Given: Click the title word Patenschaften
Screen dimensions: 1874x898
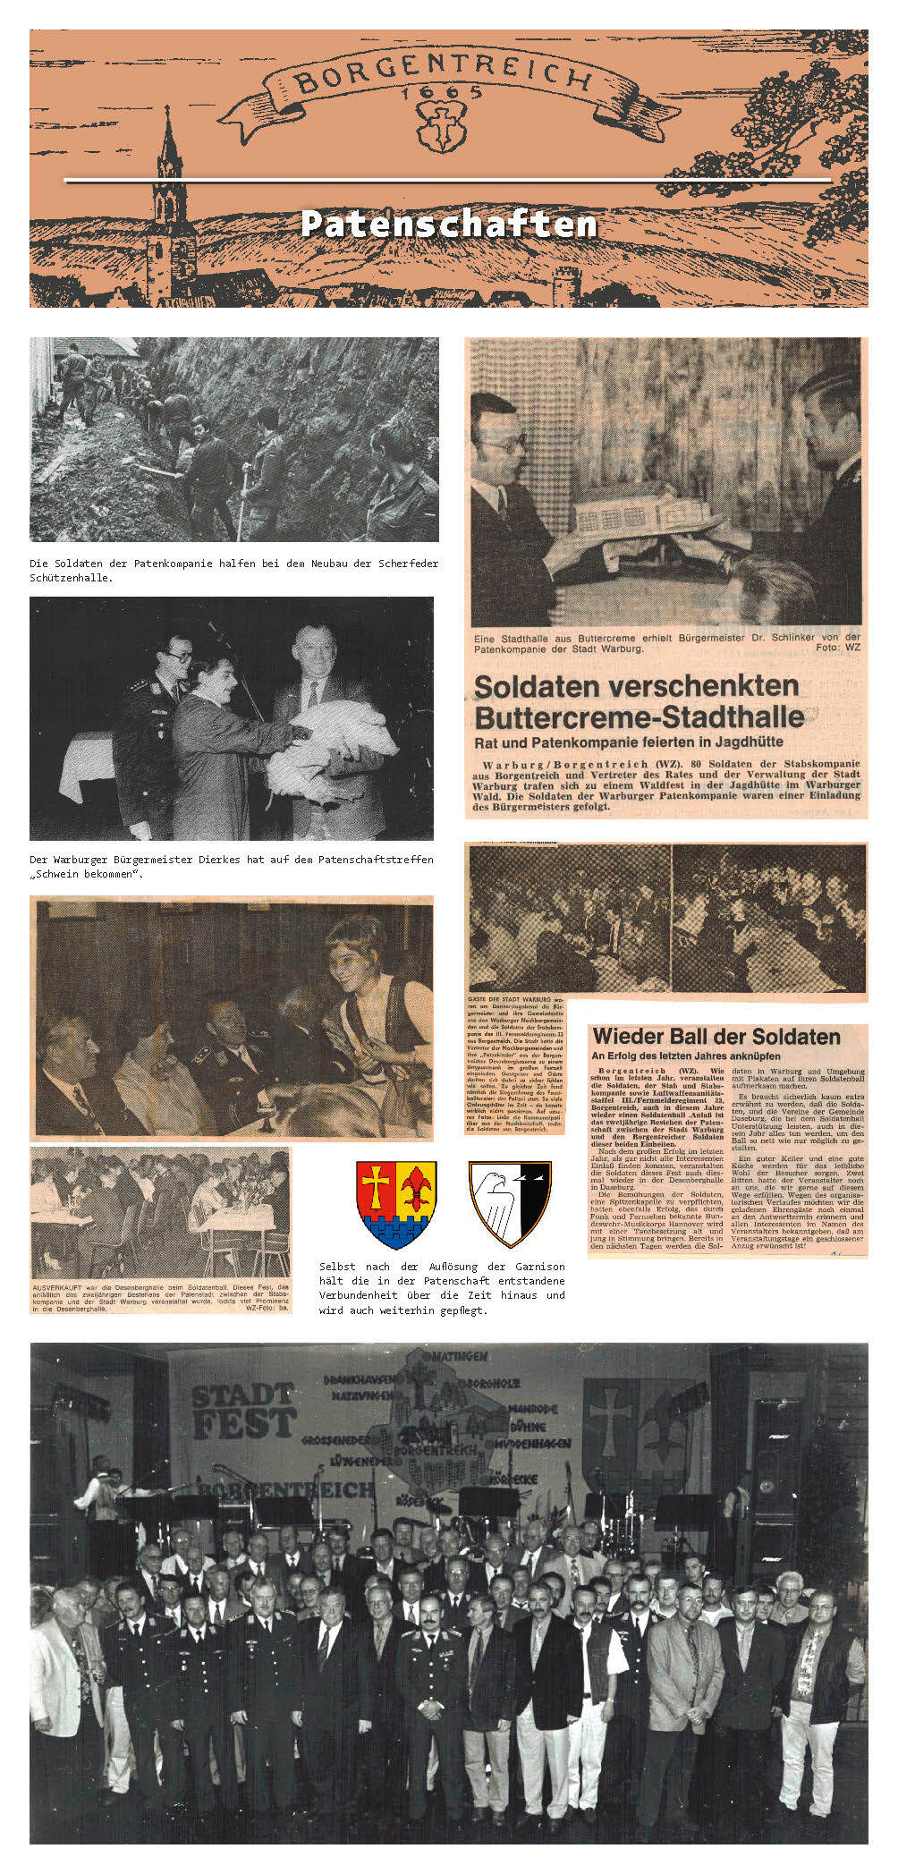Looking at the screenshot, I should point(448,224).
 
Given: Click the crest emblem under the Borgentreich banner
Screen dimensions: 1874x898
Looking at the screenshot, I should point(441,126).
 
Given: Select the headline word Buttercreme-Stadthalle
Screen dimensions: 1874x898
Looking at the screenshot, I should point(639,717).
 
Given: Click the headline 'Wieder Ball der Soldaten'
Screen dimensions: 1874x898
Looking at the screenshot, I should point(716,1037).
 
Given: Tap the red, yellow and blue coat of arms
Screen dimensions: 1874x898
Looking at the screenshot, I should point(396,1203).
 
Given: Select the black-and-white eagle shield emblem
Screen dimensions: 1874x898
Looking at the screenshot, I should point(510,1203).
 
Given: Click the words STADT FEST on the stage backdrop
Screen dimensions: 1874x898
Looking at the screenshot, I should point(243,1410).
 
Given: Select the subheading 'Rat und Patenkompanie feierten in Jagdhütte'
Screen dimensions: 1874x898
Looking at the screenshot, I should point(629,742).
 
